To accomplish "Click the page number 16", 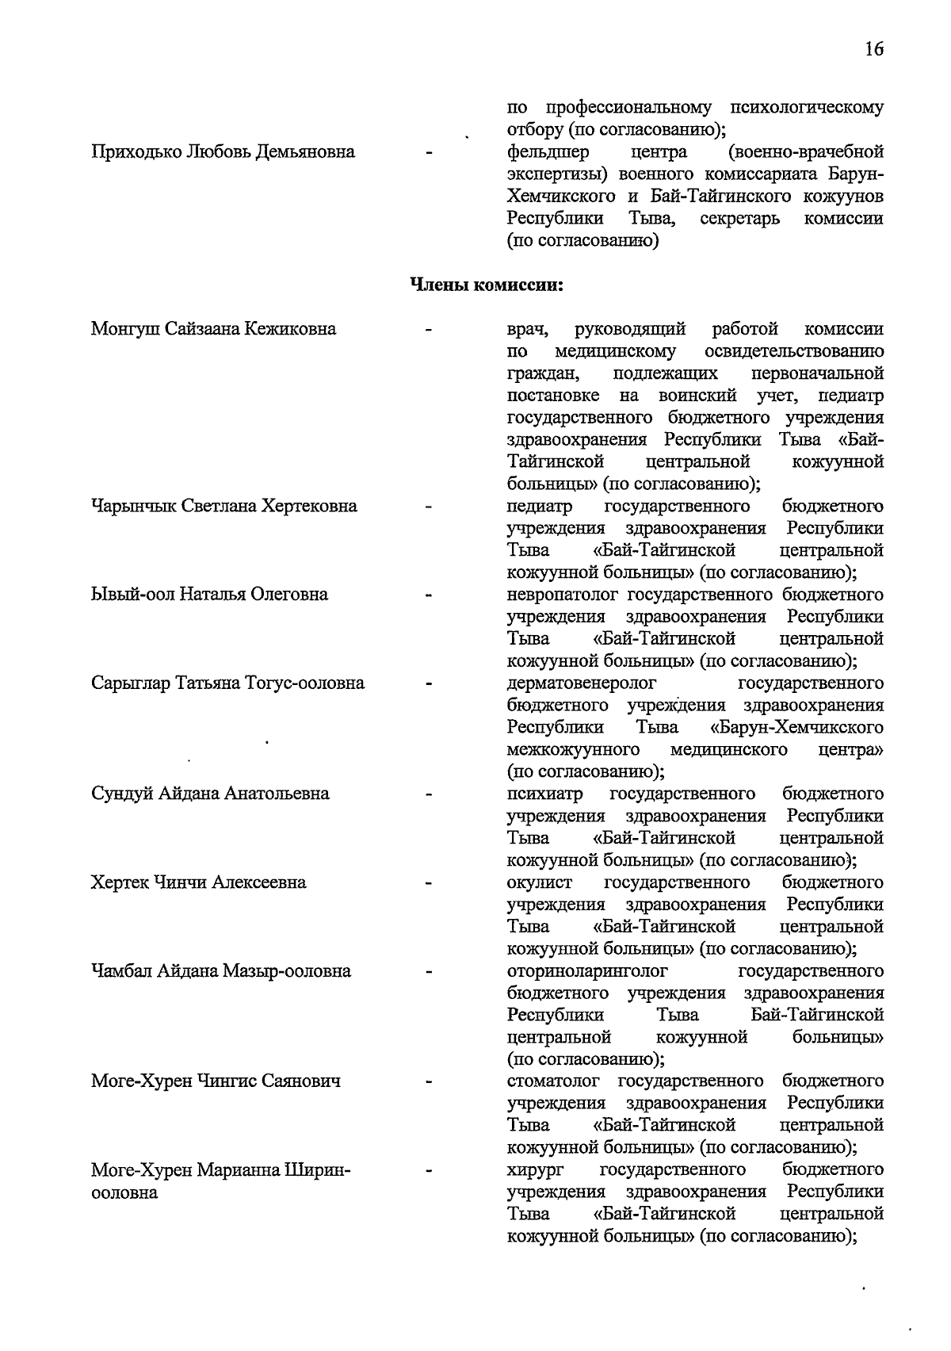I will coord(873,49).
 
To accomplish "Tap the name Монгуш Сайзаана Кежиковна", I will coord(213,329).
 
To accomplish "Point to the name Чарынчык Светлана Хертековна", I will coord(224,507).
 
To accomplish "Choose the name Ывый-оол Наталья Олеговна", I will coord(209,595).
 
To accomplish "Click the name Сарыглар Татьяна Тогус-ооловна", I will coord(227,683).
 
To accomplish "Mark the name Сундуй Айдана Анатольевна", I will coord(210,794).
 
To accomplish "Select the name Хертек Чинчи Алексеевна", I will coord(198,882).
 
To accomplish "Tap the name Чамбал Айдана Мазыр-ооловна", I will coord(221,971).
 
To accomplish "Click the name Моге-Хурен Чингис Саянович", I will coord(216,1081).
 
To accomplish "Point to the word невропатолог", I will coord(563,595).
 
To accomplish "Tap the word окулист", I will coord(539,882).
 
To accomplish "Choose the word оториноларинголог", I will coord(587,971).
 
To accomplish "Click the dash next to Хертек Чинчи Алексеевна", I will coord(429,882).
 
